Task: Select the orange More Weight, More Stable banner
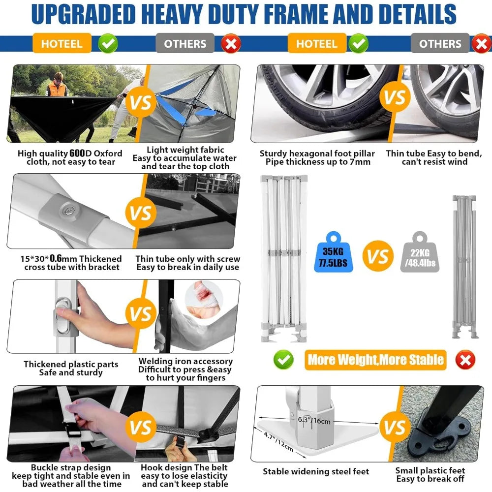click(375, 360)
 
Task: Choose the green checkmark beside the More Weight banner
click(283, 360)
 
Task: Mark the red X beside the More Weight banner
click(465, 360)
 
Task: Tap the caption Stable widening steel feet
click(315, 471)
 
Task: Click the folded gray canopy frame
click(464, 266)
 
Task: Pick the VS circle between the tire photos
click(394, 98)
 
